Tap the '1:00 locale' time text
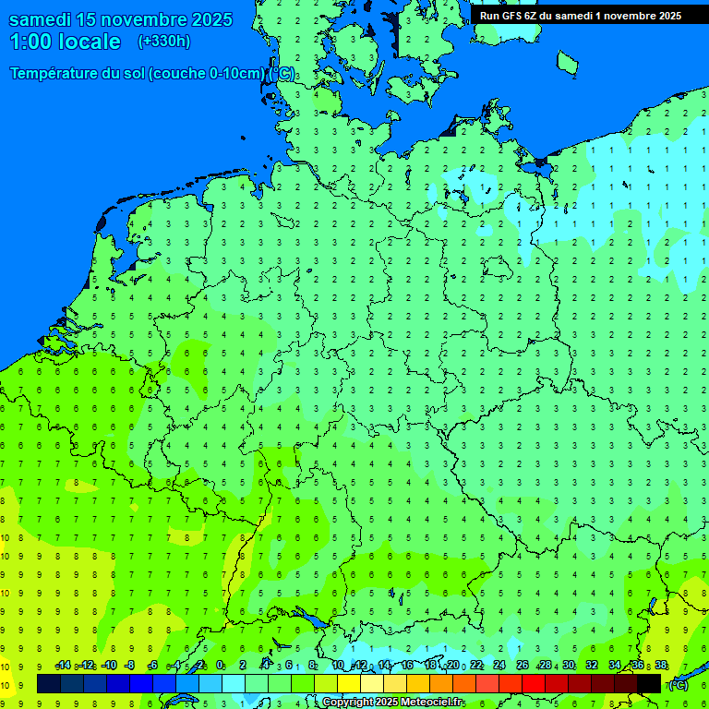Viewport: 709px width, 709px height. (x=65, y=42)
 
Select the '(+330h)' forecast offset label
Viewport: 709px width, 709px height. (x=163, y=42)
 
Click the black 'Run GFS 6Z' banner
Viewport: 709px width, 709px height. (x=580, y=16)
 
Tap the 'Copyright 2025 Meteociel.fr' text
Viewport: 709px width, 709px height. (x=392, y=703)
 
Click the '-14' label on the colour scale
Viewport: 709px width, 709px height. (x=63, y=666)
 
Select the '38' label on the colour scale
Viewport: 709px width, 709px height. (x=660, y=666)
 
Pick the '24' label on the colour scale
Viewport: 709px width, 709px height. (x=499, y=666)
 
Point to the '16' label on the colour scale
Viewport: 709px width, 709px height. (x=407, y=666)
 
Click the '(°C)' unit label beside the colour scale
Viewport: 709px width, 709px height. (x=678, y=685)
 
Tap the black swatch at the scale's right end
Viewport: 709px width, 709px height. (x=649, y=684)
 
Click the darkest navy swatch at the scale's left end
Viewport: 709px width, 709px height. (x=49, y=684)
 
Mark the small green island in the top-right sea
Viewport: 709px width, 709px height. (x=567, y=63)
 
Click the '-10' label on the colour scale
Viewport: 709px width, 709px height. (x=108, y=666)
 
